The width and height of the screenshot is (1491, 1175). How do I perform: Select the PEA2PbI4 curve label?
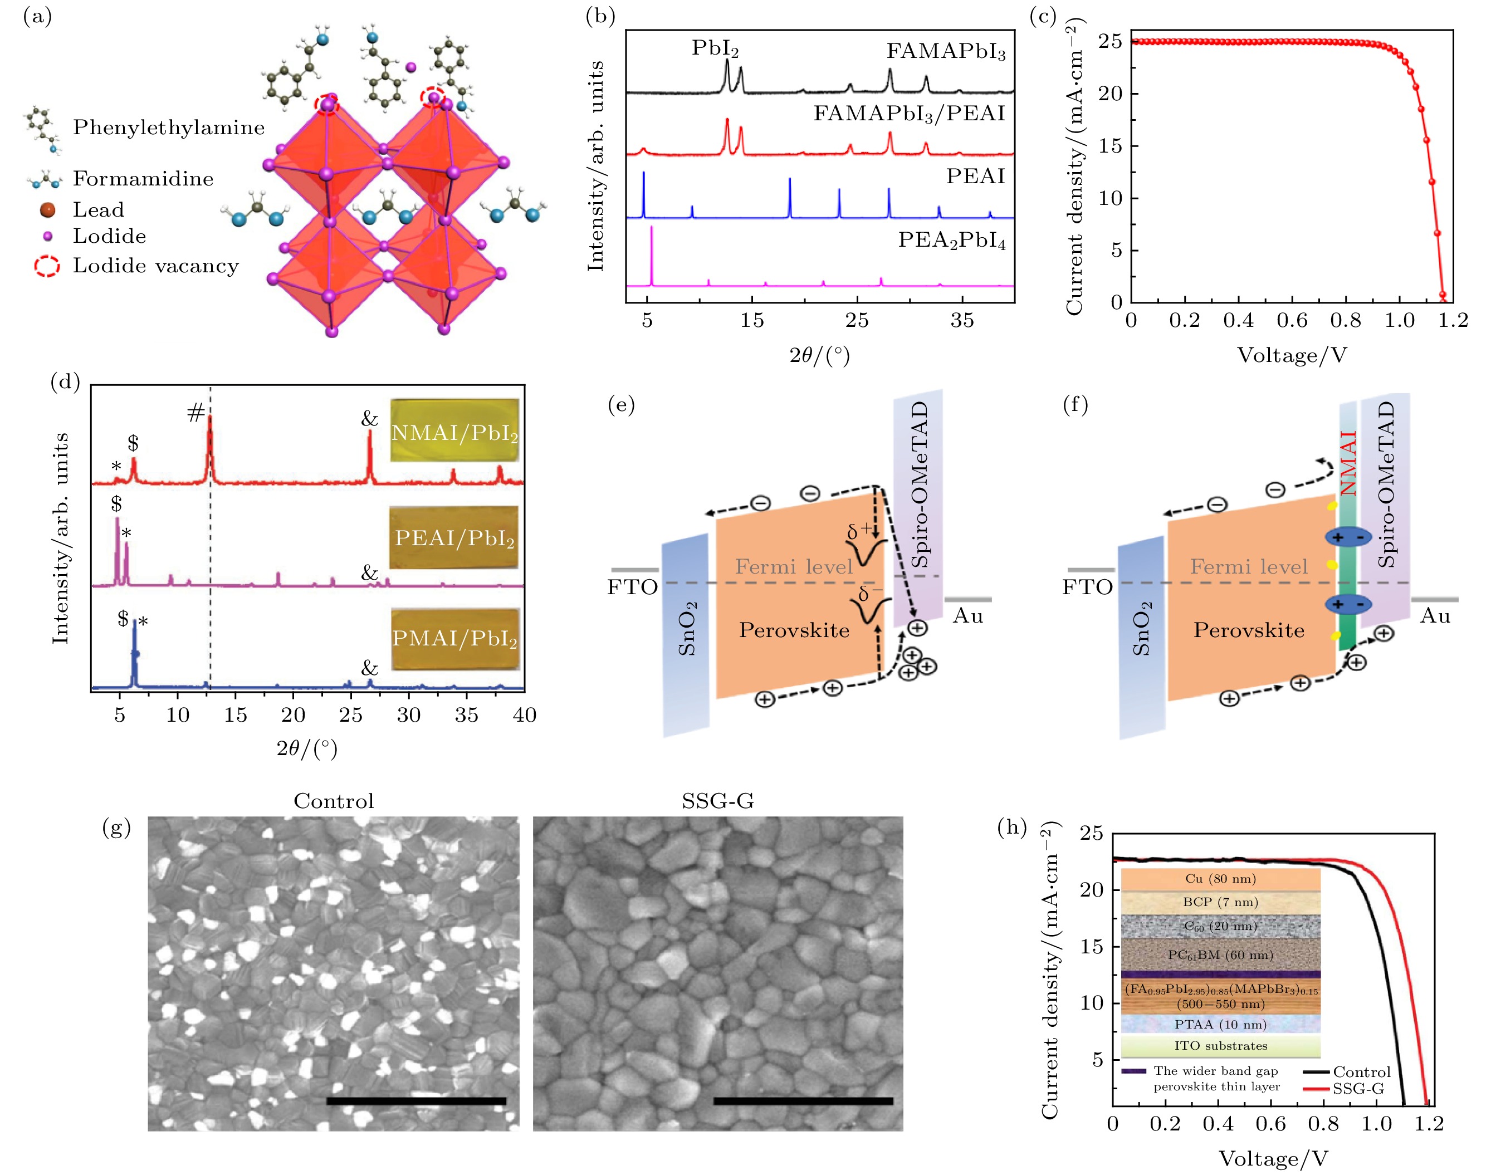coord(951,241)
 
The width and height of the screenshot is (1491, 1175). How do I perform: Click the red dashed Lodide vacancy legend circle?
coord(47,266)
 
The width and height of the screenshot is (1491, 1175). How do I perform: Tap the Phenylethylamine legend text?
coord(169,128)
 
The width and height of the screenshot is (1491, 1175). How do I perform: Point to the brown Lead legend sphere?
coord(47,210)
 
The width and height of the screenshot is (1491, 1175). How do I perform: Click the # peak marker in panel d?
coord(195,413)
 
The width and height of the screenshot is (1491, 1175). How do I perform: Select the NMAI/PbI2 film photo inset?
coord(454,430)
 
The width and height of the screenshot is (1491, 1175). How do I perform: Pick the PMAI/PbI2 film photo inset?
coord(454,638)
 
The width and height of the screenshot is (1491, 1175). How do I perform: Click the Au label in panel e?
coord(967,616)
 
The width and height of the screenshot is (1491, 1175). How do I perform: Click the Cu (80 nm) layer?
coord(1220,879)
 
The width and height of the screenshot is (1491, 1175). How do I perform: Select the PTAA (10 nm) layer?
coord(1220,1024)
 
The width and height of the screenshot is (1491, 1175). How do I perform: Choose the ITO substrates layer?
coord(1220,1046)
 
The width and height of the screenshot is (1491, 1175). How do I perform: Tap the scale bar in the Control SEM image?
coord(416,1101)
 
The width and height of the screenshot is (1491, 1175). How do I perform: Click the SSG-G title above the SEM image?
coord(717,801)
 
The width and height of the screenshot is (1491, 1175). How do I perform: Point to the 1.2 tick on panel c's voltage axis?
coord(1453,321)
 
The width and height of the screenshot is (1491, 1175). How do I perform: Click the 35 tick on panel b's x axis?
coord(962,321)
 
